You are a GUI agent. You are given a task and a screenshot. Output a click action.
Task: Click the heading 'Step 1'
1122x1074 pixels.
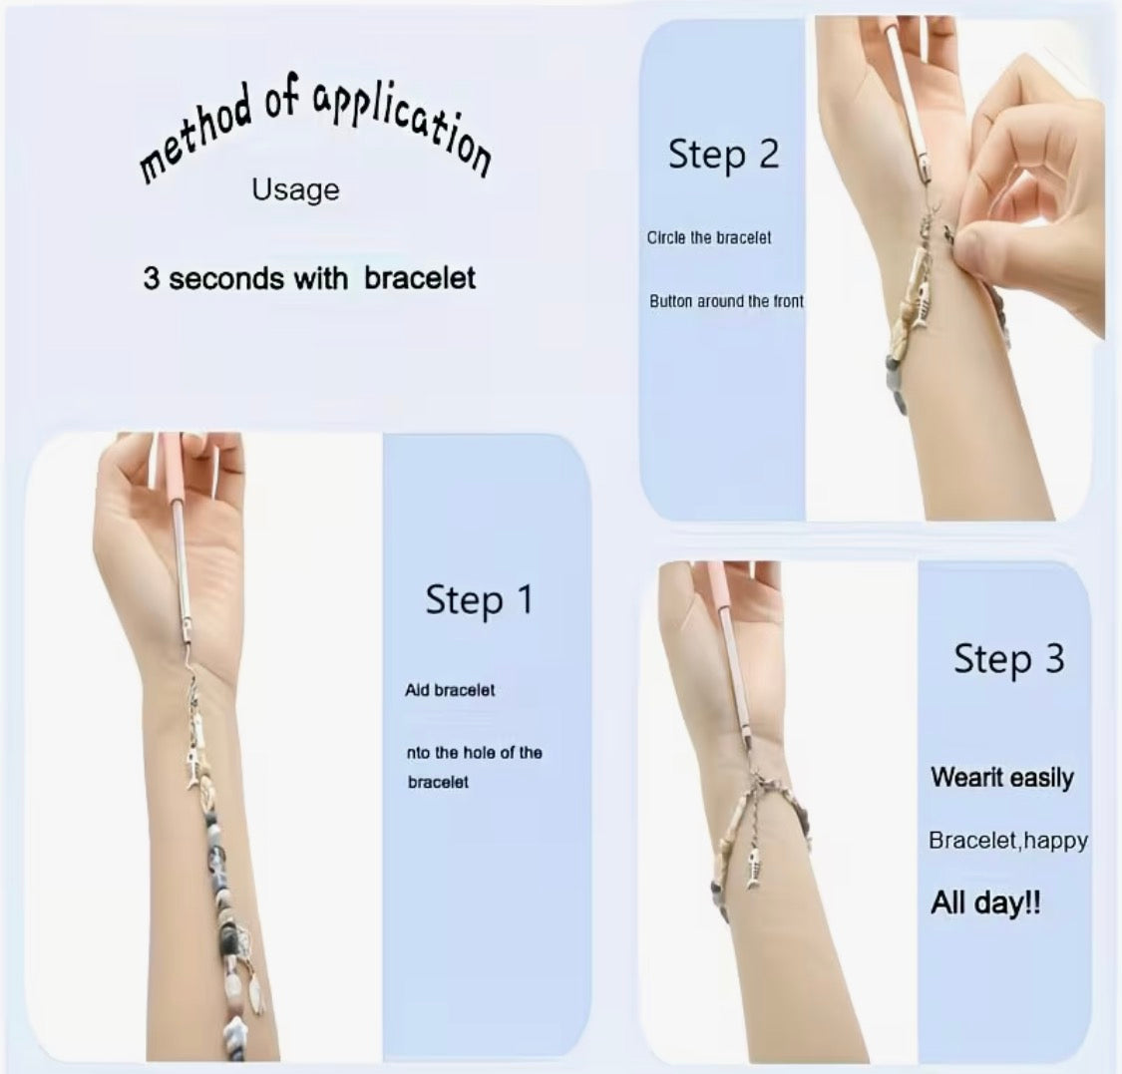479,599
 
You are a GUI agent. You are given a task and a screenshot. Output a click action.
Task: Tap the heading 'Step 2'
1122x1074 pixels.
723,154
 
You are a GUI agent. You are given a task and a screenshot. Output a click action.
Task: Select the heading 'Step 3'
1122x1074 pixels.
1008,658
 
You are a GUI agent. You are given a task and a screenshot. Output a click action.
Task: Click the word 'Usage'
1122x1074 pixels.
295,189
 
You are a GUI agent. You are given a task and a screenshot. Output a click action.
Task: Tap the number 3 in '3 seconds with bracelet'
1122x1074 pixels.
151,278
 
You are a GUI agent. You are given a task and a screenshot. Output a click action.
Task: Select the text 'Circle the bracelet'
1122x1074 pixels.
708,238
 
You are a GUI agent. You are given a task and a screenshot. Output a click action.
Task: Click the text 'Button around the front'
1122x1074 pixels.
726,301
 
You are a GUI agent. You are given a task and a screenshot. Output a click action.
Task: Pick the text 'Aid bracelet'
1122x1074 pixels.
450,690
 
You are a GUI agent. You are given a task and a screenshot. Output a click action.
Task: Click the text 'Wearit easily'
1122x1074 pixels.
1001,777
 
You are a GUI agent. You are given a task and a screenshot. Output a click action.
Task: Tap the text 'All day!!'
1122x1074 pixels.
985,902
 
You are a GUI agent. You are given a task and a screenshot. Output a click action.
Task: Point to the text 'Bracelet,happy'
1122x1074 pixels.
1007,841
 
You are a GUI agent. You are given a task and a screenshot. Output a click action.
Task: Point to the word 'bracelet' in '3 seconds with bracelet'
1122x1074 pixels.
419,278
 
